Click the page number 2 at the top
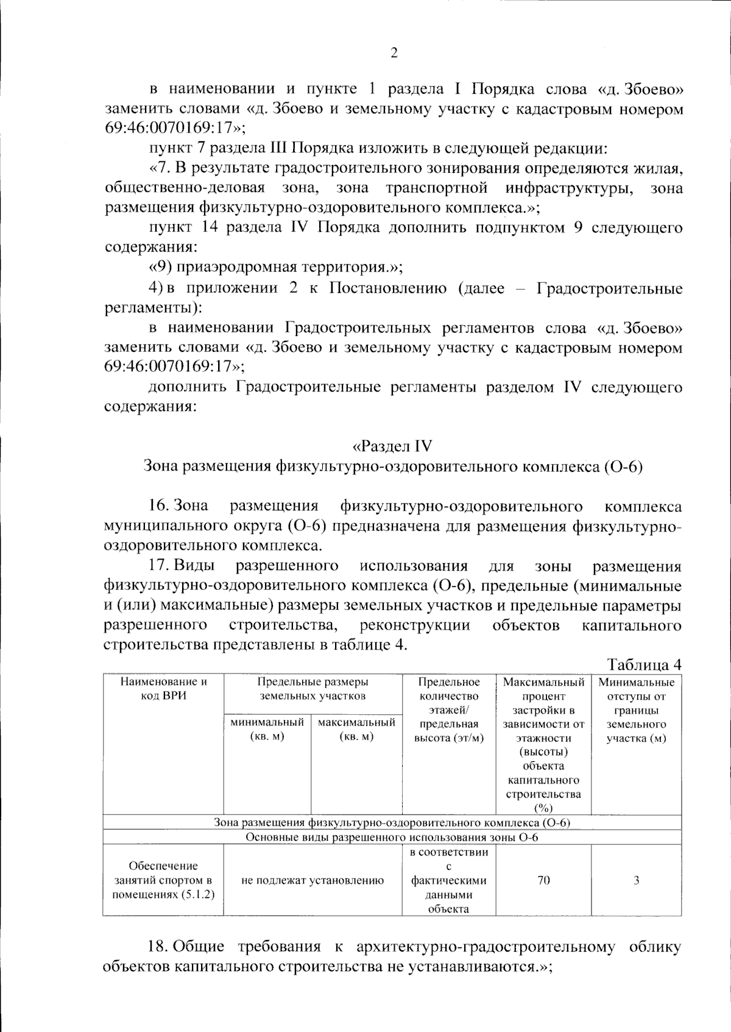[x=394, y=53]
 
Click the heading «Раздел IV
[x=393, y=446]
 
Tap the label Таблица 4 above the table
[x=644, y=664]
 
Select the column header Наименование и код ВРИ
[x=163, y=689]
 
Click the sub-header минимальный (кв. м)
[x=267, y=729]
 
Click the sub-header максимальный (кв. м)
[x=356, y=729]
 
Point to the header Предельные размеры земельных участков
[x=313, y=689]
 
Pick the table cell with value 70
[x=543, y=880]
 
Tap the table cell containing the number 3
[x=636, y=880]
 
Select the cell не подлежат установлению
[x=313, y=880]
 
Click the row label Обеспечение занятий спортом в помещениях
[x=163, y=880]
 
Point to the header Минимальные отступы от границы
[x=636, y=710]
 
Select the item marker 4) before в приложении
[x=157, y=288]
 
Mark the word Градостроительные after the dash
[x=609, y=288]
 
